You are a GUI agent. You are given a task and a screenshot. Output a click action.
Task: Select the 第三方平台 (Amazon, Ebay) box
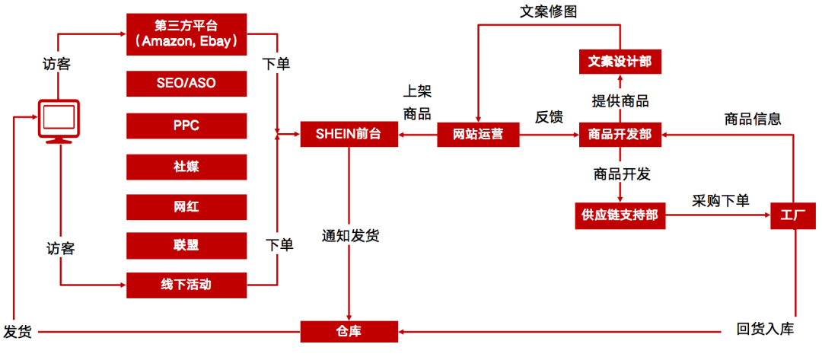(186, 33)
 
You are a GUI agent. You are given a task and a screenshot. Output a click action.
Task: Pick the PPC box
(186, 125)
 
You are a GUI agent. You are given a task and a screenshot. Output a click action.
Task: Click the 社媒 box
(186, 166)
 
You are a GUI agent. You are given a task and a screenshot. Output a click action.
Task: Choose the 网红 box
(186, 206)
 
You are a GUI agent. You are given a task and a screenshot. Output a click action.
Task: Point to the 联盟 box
(186, 245)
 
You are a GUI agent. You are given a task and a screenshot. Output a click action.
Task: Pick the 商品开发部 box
(620, 135)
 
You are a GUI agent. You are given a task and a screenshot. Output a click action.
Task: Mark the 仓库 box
(349, 331)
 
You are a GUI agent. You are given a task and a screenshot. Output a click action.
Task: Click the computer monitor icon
(59, 121)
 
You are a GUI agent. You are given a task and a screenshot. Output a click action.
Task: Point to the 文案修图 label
(550, 11)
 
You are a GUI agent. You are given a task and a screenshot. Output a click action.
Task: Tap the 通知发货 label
(350, 236)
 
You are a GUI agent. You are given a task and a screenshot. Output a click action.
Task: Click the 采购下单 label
(720, 201)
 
